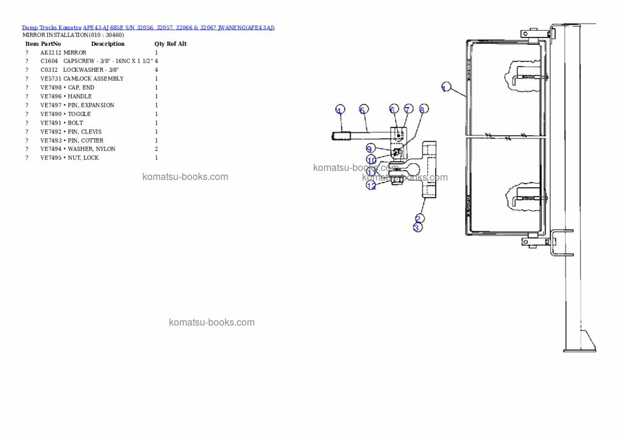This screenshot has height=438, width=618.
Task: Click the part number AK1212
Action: [51, 53]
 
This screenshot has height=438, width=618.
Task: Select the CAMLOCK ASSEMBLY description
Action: [93, 79]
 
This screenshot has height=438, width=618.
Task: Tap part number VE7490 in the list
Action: [51, 114]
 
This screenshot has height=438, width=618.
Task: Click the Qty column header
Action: [159, 44]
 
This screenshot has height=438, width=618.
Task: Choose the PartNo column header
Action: [51, 44]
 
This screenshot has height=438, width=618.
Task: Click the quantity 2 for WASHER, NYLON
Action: [156, 149]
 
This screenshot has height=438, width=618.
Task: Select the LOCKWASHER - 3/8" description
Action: [91, 70]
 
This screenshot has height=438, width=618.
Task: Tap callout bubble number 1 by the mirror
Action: [445, 88]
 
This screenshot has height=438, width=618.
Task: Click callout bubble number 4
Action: [340, 110]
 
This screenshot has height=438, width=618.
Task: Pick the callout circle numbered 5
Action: [363, 109]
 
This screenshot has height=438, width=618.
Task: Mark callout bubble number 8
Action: [423, 109]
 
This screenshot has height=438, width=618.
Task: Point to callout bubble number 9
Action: [370, 148]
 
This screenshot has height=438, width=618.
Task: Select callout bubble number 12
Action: [371, 185]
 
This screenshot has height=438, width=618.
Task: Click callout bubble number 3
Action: [417, 228]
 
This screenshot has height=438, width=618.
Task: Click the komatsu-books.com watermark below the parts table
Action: [185, 177]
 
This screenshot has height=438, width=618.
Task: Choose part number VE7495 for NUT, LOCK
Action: [51, 158]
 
